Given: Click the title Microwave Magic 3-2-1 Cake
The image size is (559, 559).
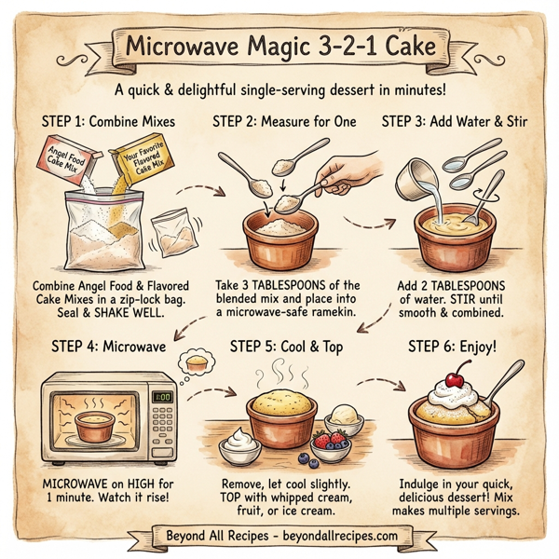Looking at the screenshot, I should (279, 46).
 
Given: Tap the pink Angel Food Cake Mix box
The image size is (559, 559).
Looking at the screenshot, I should (64, 158).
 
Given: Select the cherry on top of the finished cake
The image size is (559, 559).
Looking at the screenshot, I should (456, 379).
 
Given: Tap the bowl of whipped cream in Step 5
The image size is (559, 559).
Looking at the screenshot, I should (239, 444).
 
